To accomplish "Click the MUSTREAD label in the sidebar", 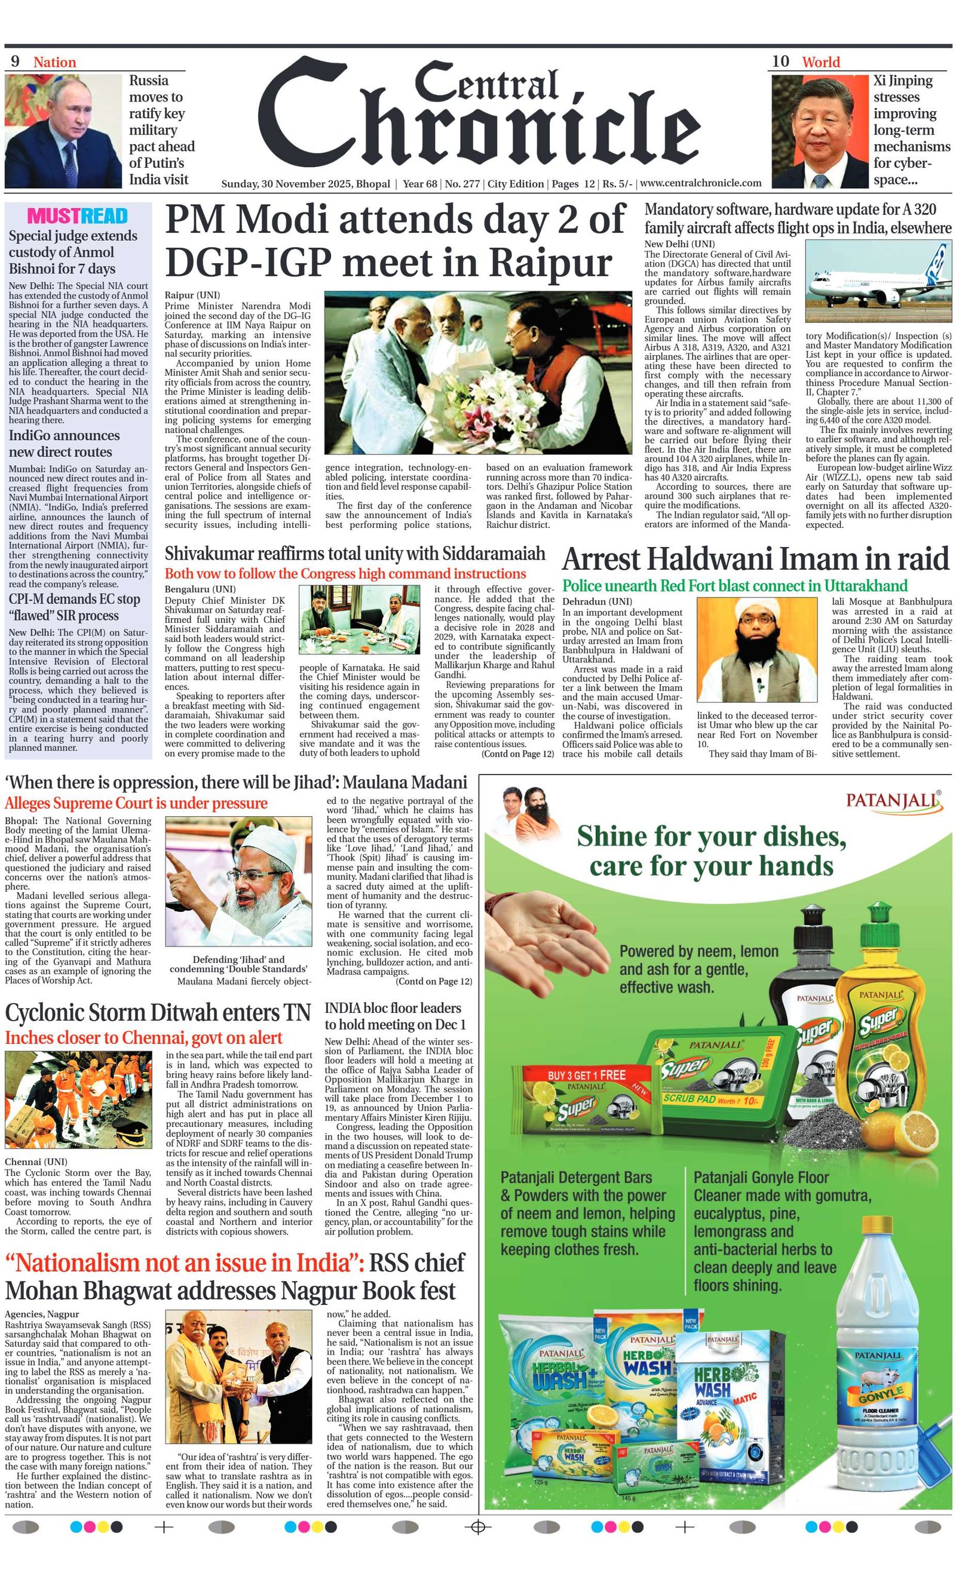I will point(78,216).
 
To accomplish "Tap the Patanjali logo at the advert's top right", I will point(894,801).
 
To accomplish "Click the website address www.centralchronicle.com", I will point(701,183).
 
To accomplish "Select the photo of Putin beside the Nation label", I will point(63,131).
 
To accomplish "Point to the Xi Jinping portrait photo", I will point(819,131).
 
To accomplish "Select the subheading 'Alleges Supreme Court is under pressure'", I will point(136,804).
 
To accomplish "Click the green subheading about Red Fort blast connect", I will point(735,586).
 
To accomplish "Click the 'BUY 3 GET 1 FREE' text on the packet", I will point(586,1075).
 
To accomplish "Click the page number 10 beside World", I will point(780,62).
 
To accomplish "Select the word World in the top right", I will point(821,62).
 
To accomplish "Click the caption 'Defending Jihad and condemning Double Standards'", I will point(238,964).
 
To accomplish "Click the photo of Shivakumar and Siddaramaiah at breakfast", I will point(360,619).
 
